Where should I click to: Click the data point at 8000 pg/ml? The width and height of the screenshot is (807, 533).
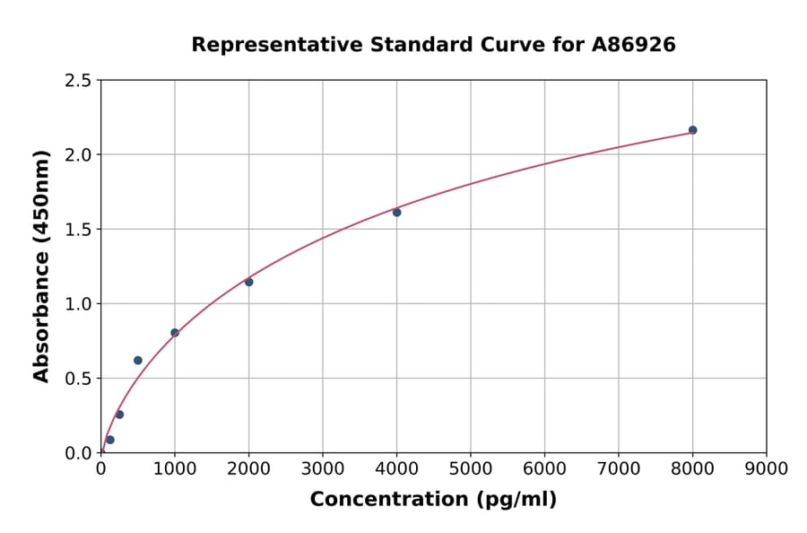[692, 130]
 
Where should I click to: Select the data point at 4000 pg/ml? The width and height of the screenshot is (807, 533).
[396, 213]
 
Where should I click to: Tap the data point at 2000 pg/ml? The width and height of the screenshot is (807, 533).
[248, 282]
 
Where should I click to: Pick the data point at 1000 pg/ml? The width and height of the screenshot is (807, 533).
[175, 333]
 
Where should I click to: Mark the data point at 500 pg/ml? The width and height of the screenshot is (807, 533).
[138, 361]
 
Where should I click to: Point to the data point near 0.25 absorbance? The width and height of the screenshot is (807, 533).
[119, 415]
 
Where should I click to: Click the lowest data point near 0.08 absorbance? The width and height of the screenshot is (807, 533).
[110, 440]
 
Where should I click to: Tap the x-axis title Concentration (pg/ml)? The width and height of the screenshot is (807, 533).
[433, 500]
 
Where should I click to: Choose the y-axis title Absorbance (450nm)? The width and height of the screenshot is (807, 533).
[41, 266]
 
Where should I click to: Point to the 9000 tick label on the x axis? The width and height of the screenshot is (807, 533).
[766, 469]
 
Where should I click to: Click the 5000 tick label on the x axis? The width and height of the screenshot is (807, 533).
[470, 469]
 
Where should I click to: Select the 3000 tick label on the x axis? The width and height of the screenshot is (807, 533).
[322, 469]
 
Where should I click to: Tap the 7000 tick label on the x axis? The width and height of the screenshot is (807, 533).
[618, 469]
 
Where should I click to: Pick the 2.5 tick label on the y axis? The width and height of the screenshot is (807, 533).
[78, 81]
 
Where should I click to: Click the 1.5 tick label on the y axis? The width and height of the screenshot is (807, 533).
[78, 230]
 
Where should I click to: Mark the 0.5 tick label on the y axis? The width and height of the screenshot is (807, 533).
[78, 379]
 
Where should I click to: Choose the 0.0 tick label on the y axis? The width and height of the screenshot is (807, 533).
[78, 453]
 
